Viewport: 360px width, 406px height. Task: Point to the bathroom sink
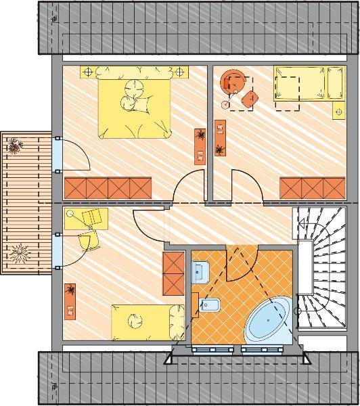(x=200, y=273)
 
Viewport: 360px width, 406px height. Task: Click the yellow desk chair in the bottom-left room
(x=86, y=240)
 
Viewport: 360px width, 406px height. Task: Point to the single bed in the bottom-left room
(x=148, y=324)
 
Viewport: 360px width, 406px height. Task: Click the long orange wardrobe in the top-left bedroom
(x=108, y=186)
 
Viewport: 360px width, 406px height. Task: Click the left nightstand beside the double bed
(x=89, y=71)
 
